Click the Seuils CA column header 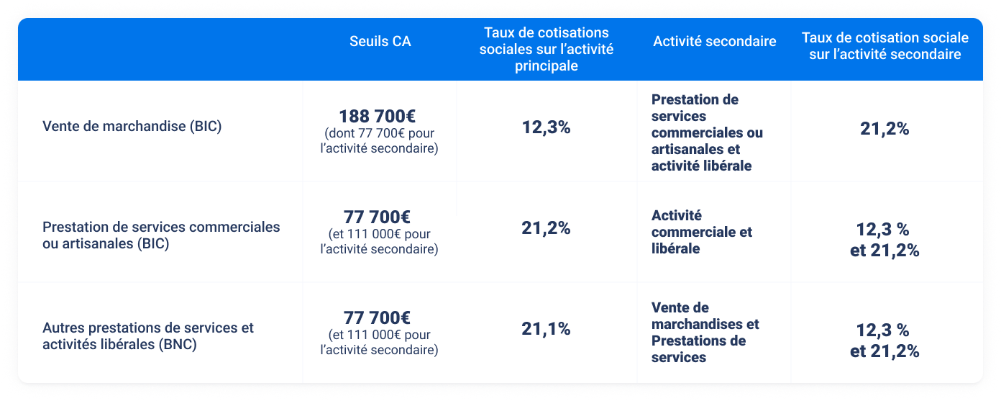coord(380,41)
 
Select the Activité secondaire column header coord(714,41)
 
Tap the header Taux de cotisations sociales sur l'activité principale coord(546,49)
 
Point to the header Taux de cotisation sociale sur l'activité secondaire coord(885,45)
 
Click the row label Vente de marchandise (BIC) coord(132,127)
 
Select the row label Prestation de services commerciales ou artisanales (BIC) coord(161,235)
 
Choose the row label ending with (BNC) coord(148,335)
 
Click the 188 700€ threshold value coord(378,116)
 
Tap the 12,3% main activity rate coord(546,127)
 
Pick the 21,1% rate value coord(546,329)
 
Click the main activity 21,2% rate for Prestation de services coord(546,228)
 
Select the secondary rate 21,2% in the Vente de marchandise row coord(885,129)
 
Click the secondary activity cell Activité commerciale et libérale coord(701,232)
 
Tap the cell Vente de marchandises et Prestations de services coord(705,333)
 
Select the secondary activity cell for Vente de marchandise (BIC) coord(707,132)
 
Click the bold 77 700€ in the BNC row coord(378,317)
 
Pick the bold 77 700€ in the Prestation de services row coord(378,217)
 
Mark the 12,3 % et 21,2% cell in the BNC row coord(885,341)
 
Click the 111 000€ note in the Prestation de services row coord(379,242)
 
